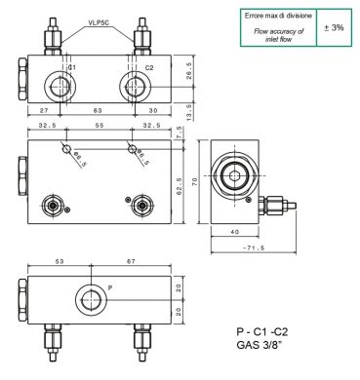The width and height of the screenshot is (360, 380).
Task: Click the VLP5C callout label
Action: point(99,22)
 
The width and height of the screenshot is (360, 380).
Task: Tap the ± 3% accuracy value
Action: point(334,28)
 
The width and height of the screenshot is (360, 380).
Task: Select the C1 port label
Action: point(72,67)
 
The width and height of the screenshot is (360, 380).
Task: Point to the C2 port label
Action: point(149,67)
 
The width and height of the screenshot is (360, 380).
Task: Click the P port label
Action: point(110,287)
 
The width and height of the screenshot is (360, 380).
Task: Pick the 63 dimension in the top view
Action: point(98,110)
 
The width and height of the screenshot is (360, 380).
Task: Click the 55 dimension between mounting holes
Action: point(100,126)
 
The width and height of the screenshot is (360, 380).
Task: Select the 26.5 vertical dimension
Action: point(189,71)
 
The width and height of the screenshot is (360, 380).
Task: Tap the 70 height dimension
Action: point(195,182)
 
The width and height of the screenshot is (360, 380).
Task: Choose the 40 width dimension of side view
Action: point(235,232)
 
